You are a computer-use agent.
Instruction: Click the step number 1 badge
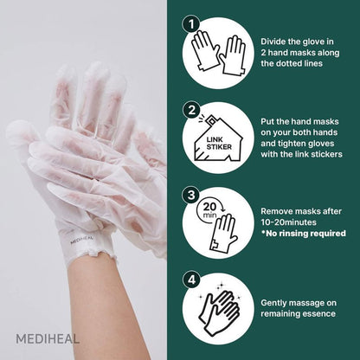191,24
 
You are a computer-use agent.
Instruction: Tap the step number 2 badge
191,110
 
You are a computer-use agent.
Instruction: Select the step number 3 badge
191,195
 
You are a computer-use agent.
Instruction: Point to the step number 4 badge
191,280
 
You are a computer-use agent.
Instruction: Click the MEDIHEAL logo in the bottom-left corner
48,339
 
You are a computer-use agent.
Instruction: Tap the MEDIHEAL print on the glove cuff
81,240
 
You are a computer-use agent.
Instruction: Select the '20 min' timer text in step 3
209,210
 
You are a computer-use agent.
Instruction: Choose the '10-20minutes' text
288,222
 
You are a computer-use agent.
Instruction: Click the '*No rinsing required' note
304,233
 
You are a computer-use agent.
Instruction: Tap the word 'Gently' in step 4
273,303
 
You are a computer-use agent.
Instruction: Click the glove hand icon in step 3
224,233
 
